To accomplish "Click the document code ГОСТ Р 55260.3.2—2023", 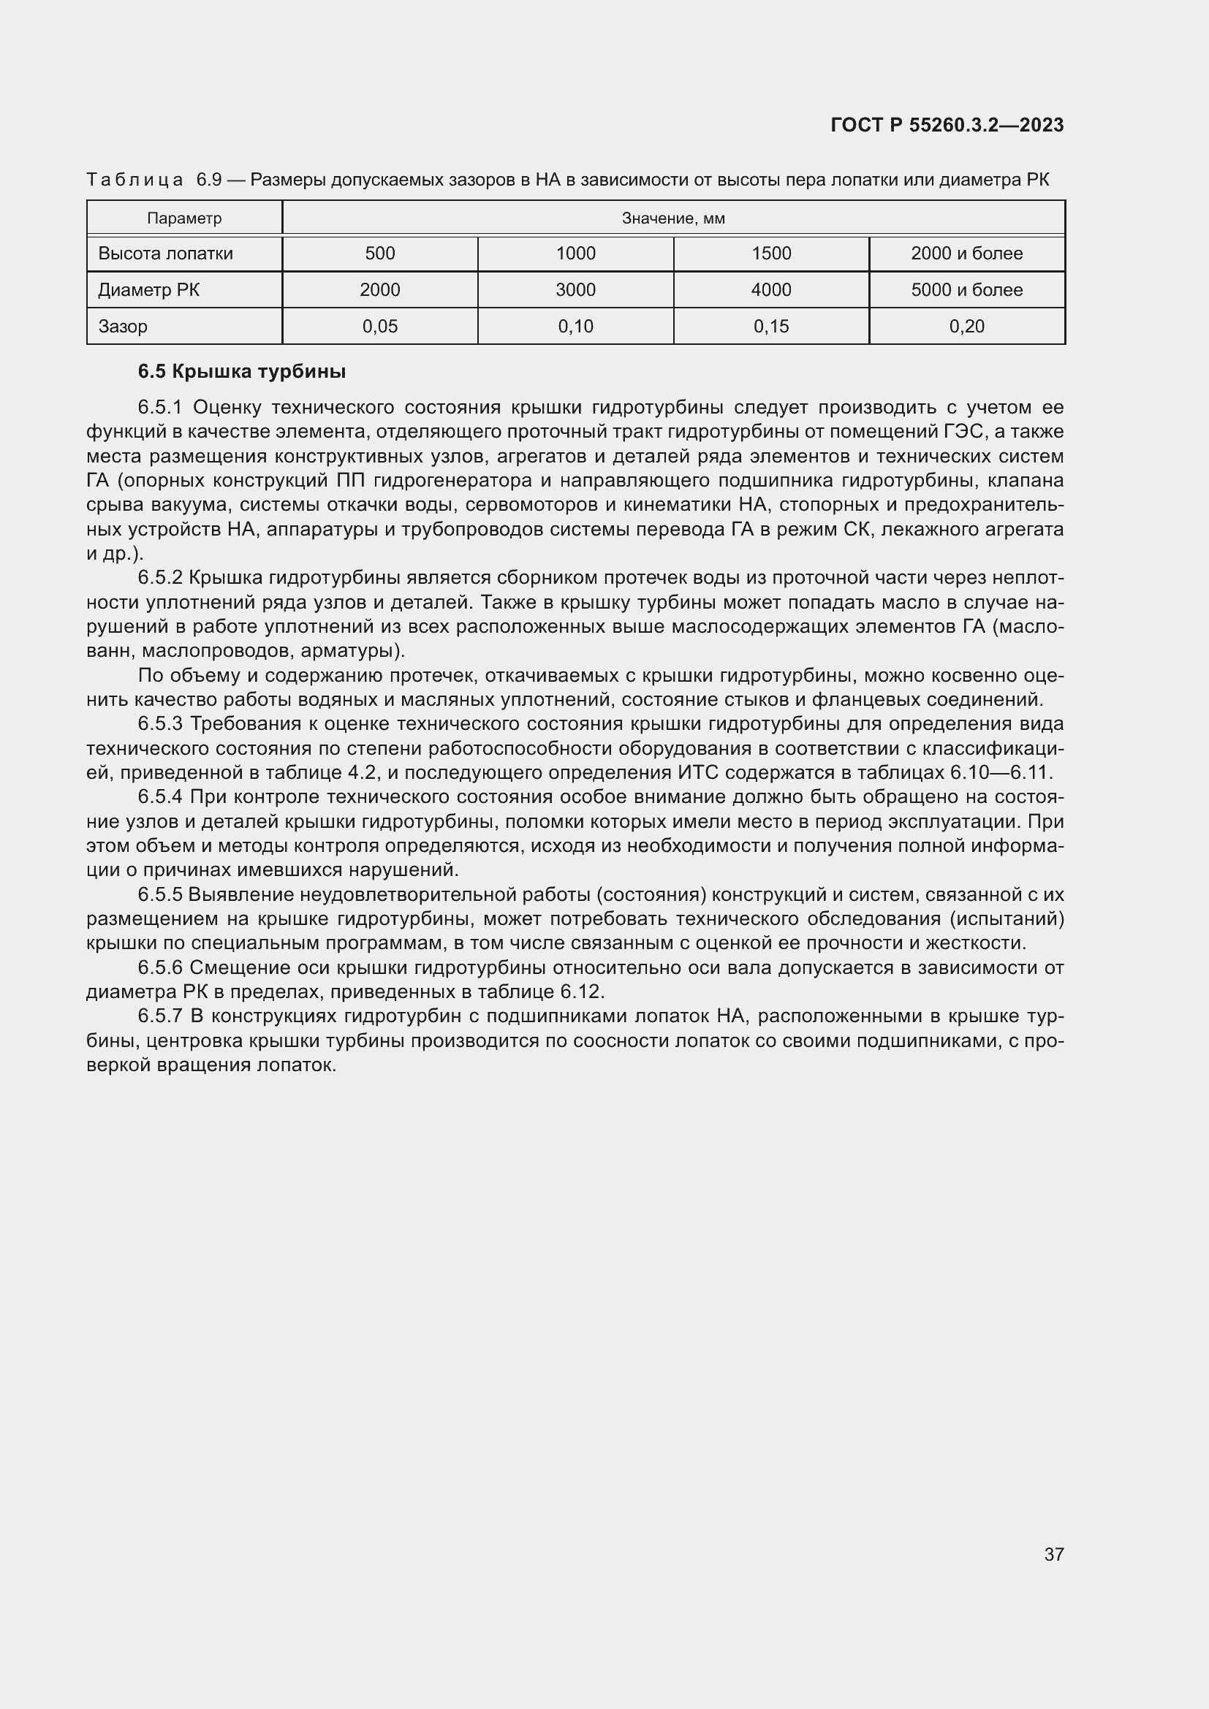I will (x=947, y=125).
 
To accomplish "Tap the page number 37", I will (x=1053, y=1553).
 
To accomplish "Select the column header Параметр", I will (x=184, y=218).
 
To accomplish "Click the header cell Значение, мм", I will (x=673, y=218).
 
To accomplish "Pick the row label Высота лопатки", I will (x=165, y=253).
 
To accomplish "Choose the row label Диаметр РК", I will (x=148, y=289).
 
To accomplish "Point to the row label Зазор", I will (x=123, y=326).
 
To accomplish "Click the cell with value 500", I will (x=379, y=253).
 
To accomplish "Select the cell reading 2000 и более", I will (x=966, y=253).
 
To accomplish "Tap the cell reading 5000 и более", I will (x=966, y=289).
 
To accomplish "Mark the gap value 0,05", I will (x=379, y=326).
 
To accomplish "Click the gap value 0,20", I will (x=966, y=326).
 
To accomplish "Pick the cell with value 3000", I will (x=575, y=289).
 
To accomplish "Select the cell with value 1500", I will (x=771, y=253).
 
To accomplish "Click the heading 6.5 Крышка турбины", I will (x=242, y=371).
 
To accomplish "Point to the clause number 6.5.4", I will (x=160, y=796).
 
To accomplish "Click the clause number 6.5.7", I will (x=160, y=1016).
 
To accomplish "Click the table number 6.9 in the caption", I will (x=209, y=180).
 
